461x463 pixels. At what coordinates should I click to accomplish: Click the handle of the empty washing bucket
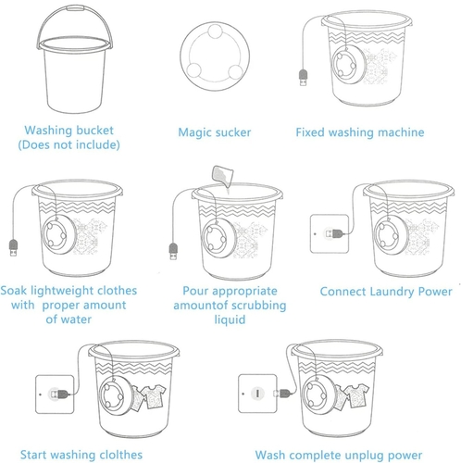click(x=74, y=8)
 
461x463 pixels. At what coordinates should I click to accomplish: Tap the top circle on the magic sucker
click(x=215, y=31)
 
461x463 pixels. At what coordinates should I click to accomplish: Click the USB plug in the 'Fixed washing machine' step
click(x=304, y=78)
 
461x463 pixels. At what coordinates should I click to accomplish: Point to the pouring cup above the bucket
click(x=222, y=176)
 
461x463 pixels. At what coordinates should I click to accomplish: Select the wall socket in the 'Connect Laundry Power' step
click(x=330, y=233)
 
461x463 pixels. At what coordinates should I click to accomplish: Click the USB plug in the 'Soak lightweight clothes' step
click(x=13, y=247)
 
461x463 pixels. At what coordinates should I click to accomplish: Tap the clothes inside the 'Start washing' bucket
click(x=148, y=397)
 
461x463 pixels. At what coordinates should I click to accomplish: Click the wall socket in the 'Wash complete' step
click(x=257, y=394)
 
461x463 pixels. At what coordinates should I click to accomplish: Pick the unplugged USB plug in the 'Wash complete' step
click(x=283, y=393)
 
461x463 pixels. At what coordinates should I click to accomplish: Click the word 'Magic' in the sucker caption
click(x=193, y=132)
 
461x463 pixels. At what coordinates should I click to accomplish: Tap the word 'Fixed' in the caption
click(x=310, y=132)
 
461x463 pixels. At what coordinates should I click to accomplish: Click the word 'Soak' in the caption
click(x=14, y=291)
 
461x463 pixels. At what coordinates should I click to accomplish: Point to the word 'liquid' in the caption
click(x=230, y=319)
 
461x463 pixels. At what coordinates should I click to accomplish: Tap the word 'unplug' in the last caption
click(x=364, y=456)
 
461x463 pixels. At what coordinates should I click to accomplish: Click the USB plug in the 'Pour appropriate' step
click(x=173, y=251)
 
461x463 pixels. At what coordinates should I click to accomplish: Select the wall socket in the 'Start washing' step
click(x=55, y=394)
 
